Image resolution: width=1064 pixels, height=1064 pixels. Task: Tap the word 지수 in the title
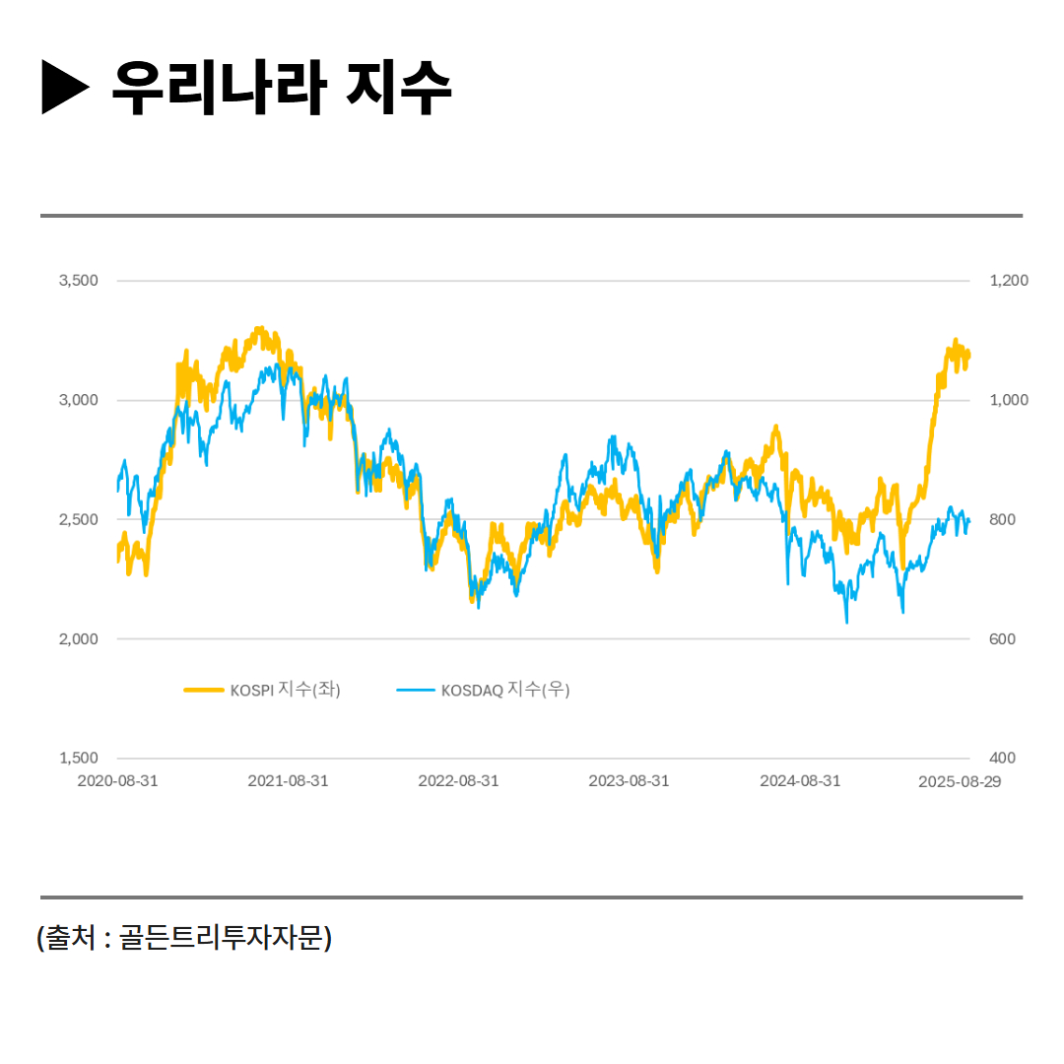[399, 88]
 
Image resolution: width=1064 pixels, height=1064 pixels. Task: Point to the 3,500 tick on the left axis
[79, 281]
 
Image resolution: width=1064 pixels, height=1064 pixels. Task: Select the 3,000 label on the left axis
[79, 400]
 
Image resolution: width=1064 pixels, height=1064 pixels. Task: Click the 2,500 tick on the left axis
[79, 519]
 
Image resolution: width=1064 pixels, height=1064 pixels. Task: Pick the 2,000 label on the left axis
[79, 639]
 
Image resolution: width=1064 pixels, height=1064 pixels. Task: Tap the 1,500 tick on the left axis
[79, 759]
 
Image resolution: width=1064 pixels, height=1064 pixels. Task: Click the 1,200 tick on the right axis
[1009, 281]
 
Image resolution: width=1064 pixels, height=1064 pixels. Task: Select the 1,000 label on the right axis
[1009, 400]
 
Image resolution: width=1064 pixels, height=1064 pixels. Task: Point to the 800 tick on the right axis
[1003, 519]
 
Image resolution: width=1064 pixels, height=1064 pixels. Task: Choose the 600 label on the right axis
[1003, 639]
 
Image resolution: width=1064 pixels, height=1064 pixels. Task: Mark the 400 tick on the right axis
[1003, 759]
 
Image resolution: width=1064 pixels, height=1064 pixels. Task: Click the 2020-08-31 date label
[117, 781]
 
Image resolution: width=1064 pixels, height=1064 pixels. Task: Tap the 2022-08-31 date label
[458, 781]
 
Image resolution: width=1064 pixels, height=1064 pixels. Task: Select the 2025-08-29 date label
[959, 781]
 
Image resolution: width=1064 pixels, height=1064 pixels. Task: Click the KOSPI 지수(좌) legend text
[286, 691]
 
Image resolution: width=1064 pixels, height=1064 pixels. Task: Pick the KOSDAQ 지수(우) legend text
[505, 691]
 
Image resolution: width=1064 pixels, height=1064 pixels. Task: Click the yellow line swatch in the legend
[204, 691]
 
